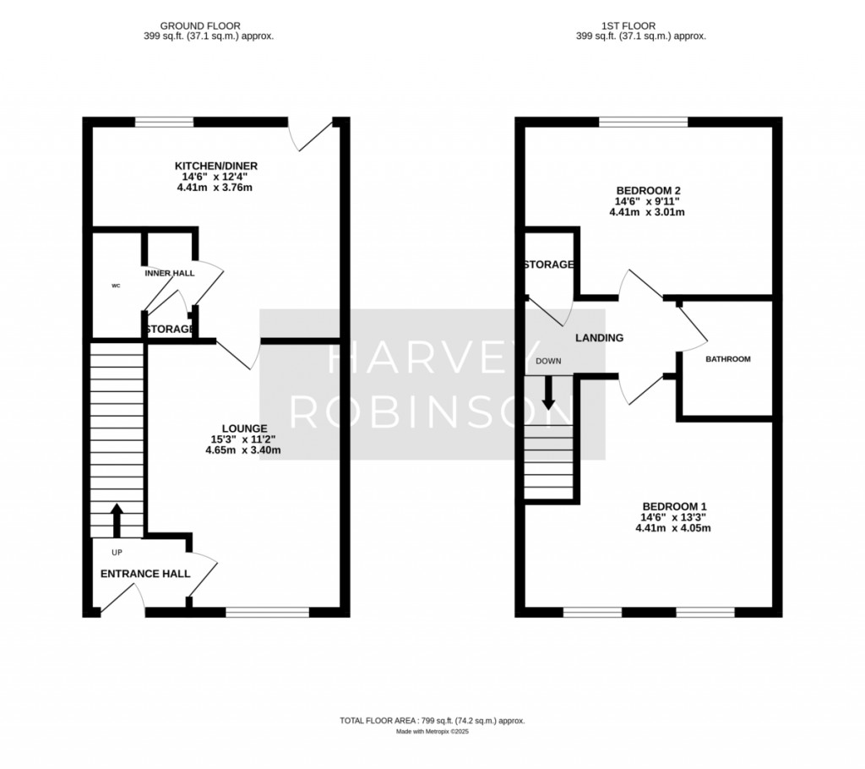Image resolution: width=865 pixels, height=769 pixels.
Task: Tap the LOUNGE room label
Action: point(239,428)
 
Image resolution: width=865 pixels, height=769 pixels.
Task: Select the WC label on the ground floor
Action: point(116,286)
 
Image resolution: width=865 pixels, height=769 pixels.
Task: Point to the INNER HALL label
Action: point(170,274)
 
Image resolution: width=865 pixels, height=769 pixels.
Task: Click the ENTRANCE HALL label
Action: point(145,574)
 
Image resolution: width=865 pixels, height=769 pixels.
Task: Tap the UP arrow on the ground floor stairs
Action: point(117,520)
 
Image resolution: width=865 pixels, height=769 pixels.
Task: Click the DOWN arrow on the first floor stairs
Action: point(548,392)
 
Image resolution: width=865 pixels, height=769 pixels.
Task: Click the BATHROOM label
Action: point(728,359)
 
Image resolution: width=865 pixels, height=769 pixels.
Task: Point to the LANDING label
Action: point(599,338)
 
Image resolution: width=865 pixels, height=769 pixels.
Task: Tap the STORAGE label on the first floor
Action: point(549,265)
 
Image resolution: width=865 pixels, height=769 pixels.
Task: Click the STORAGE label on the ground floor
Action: point(170,329)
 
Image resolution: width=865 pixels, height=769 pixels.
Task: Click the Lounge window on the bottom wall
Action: point(267,611)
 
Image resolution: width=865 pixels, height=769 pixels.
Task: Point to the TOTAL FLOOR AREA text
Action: point(432,721)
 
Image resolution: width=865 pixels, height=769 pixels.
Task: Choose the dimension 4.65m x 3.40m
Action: point(242,450)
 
